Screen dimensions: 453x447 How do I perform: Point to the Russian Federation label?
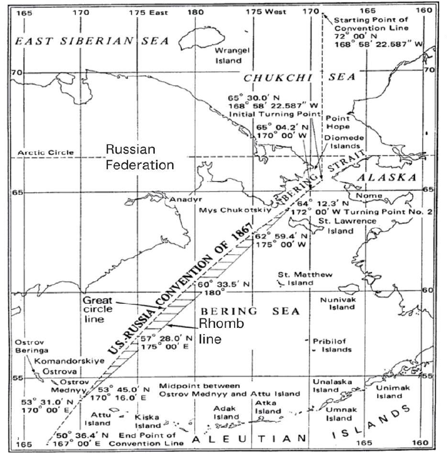tap(140, 157)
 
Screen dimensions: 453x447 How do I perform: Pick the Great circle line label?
tap(98, 309)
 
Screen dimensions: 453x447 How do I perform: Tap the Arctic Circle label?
tap(45, 152)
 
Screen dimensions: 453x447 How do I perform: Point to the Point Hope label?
tap(337, 123)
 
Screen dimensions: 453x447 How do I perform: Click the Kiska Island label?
tap(147, 421)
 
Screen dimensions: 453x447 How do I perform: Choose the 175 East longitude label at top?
tap(148, 11)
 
